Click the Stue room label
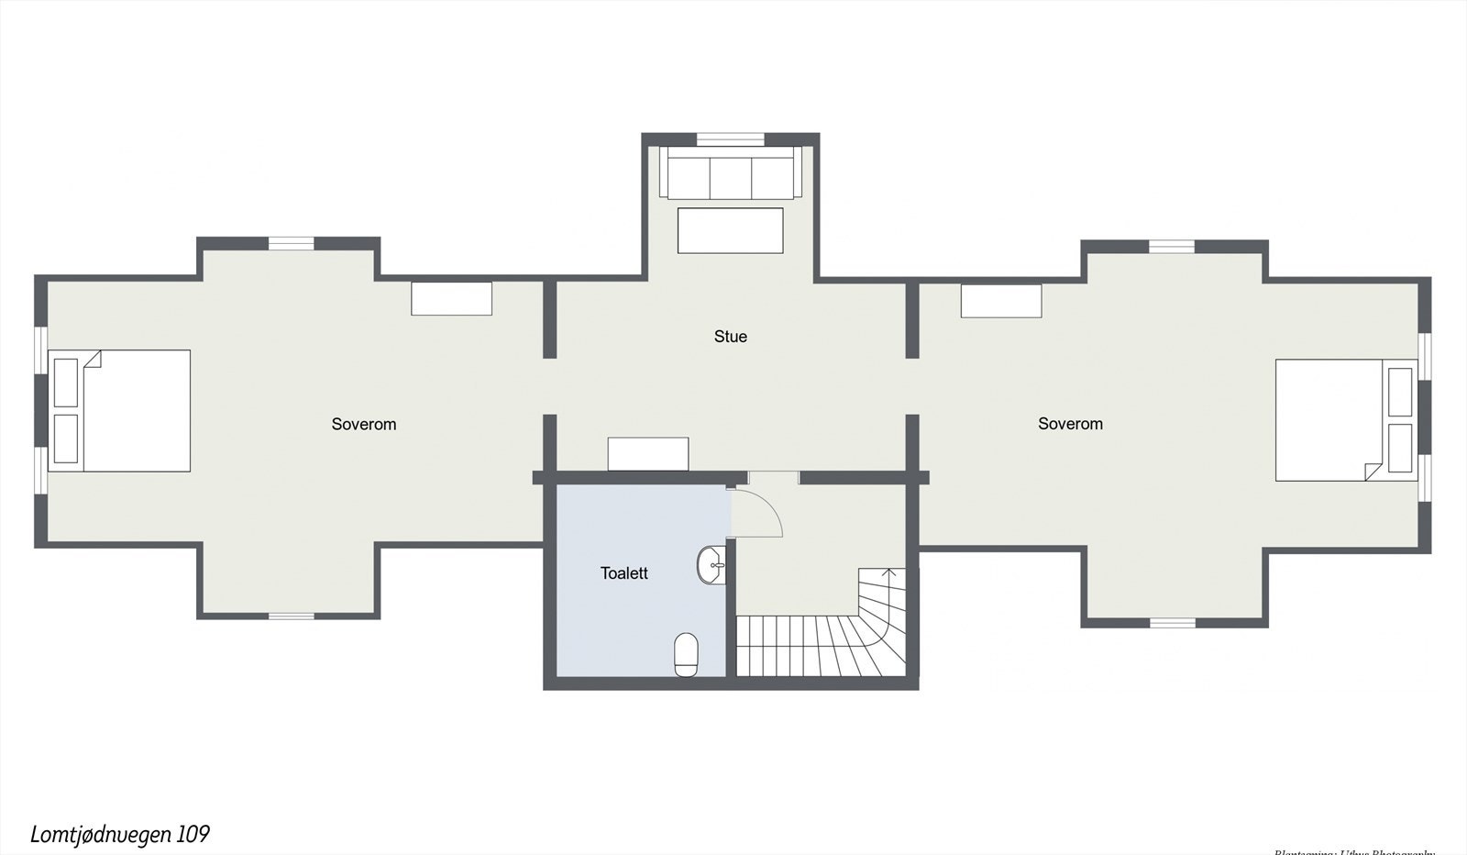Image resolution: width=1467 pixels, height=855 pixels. pos(730,337)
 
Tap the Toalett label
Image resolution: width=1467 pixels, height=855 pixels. pos(623,573)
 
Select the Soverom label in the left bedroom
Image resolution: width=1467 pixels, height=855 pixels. pos(364,424)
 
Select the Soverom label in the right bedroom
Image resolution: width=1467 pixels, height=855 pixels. pos(1070,424)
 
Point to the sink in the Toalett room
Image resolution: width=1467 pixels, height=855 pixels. pos(711,565)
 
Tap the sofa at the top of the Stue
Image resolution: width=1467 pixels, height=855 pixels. pos(730,174)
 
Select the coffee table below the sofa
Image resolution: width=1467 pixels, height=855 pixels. pos(730,230)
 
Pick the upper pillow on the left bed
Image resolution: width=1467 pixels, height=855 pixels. pos(66,383)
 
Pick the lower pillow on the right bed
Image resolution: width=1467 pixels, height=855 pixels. pos(1400,448)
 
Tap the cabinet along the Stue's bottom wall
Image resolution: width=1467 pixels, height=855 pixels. pos(648,454)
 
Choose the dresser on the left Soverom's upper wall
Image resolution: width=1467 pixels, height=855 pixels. pos(451,299)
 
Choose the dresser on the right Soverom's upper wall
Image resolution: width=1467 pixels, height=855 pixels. pos(1001,301)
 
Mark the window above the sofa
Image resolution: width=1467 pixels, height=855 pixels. pos(730,139)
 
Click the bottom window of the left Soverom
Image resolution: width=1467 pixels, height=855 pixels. pos(292,616)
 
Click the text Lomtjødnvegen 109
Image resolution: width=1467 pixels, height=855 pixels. pos(120,834)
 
